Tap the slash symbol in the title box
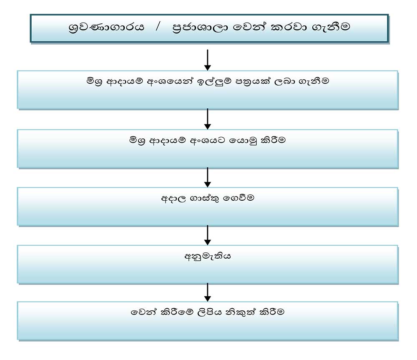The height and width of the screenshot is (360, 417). pos(158,28)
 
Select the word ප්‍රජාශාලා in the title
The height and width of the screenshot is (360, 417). pos(199,28)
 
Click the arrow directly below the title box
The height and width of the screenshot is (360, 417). pos(208,59)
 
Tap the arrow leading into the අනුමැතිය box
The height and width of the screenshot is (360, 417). pos(208,234)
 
